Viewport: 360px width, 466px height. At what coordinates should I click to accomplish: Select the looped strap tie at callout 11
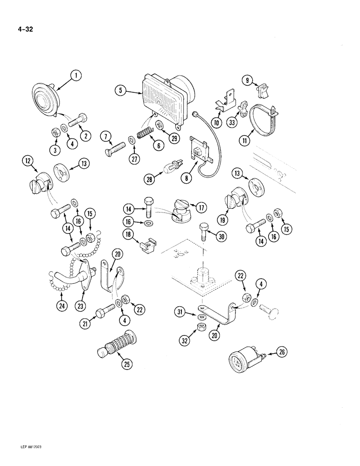263,119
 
